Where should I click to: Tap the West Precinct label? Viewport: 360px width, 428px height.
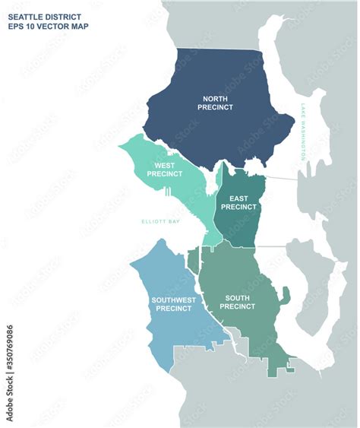click(165, 169)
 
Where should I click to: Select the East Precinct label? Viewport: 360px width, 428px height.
click(238, 201)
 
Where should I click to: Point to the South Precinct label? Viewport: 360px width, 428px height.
click(238, 302)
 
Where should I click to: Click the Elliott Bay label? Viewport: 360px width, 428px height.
click(160, 222)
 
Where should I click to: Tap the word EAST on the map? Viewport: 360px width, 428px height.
click(238, 197)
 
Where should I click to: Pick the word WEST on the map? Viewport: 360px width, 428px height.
click(165, 164)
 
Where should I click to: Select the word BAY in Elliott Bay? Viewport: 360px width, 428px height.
click(174, 222)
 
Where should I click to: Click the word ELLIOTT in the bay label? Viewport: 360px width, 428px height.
click(153, 222)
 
